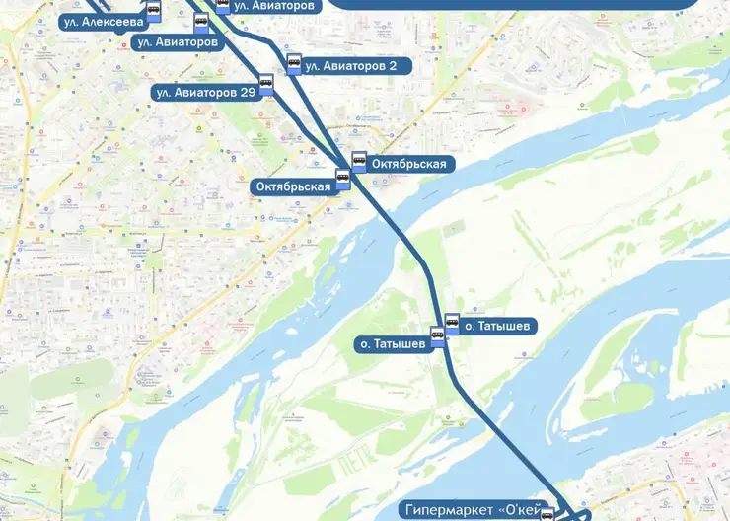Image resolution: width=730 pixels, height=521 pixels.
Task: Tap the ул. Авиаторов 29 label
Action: coord(204,93)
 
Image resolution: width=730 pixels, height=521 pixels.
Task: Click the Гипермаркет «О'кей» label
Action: coord(474,510)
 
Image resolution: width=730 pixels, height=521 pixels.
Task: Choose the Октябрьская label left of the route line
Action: coord(293,186)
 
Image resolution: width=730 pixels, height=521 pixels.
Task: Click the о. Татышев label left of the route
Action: coord(392,344)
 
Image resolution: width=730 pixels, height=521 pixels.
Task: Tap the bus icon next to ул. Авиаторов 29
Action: coord(266,83)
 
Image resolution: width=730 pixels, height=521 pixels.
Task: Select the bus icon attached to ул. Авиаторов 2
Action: coord(293,64)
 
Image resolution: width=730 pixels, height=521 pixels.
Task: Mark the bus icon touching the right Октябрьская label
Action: coord(359,160)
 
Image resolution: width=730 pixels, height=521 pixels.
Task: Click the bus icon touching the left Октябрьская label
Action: coord(343,180)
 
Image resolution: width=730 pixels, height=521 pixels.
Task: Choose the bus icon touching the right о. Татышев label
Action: coord(452,323)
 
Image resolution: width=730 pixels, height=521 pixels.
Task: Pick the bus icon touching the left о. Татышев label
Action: coord(438,338)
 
